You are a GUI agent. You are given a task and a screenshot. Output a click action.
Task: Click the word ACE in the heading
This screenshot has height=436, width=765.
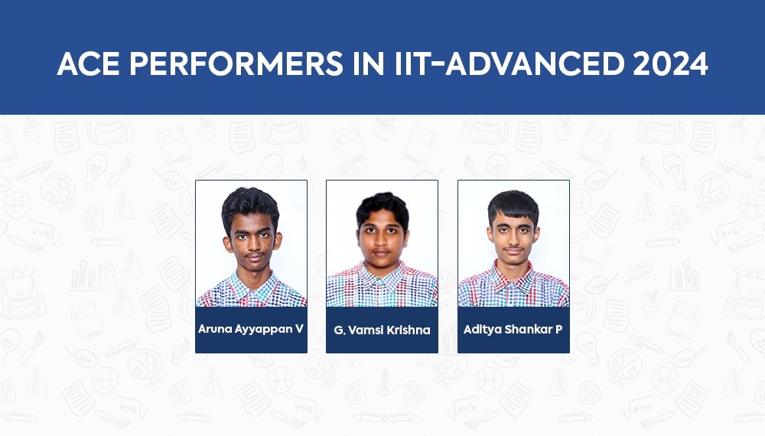88,64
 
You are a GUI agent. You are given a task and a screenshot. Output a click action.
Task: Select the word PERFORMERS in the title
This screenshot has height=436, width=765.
236,64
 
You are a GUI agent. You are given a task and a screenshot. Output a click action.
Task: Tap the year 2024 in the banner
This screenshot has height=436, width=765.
670,64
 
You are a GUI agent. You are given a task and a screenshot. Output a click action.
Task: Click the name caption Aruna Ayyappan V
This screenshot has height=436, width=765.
251,329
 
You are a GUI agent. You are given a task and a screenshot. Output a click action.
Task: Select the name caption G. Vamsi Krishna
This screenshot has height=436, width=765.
382,330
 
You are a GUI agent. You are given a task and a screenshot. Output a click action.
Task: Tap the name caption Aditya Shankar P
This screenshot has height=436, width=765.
513,330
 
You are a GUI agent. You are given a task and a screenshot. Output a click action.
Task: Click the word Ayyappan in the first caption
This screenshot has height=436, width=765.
263,330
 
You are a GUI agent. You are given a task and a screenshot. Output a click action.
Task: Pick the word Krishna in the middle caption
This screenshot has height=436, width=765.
408,330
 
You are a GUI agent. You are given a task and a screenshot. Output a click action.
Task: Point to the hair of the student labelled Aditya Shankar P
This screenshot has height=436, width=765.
513,205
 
